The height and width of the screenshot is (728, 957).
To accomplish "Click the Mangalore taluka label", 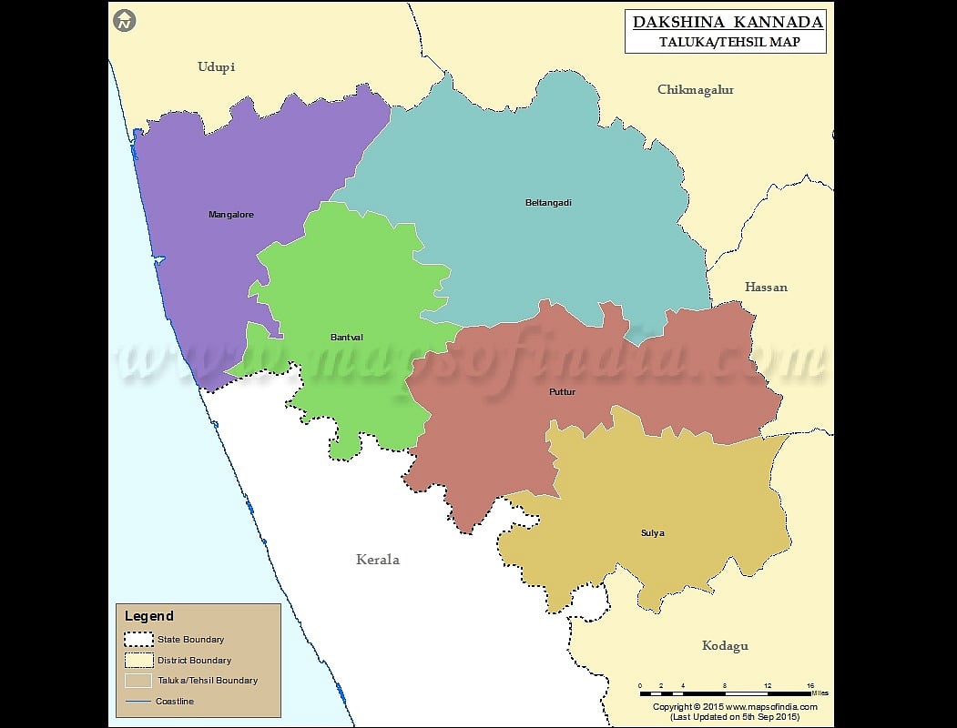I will pyautogui.click(x=231, y=215).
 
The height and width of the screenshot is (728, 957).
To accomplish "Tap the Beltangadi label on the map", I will pyautogui.click(x=548, y=202).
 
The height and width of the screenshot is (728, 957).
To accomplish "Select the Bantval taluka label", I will pyautogui.click(x=346, y=338).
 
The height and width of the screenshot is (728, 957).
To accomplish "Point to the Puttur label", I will pyautogui.click(x=562, y=392).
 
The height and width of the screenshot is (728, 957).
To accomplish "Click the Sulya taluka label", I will pyautogui.click(x=652, y=533).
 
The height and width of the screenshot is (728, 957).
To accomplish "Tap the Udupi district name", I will pyautogui.click(x=216, y=67).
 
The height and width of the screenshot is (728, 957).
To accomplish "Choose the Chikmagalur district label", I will pyautogui.click(x=696, y=90).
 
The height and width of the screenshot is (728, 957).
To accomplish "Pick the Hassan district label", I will pyautogui.click(x=766, y=288).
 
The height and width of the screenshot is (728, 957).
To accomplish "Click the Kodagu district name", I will pyautogui.click(x=725, y=646).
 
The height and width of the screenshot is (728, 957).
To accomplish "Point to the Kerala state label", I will pyautogui.click(x=377, y=560).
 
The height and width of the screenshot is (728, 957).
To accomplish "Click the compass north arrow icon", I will pyautogui.click(x=125, y=20).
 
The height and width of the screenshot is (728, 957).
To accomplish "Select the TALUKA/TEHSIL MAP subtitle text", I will pyautogui.click(x=729, y=42).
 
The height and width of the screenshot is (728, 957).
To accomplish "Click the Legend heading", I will pyautogui.click(x=149, y=616).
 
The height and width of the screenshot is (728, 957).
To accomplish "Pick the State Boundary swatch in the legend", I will pyautogui.click(x=138, y=639).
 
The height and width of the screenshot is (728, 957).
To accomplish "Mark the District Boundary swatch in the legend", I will pyautogui.click(x=138, y=660).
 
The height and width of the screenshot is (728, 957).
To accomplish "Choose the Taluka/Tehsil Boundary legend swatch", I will pyautogui.click(x=138, y=680).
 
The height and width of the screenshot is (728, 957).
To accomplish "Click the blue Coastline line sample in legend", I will pyautogui.click(x=138, y=701).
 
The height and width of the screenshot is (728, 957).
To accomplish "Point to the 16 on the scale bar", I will pyautogui.click(x=810, y=685).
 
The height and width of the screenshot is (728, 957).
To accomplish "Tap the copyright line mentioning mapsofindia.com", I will pyautogui.click(x=735, y=706).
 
